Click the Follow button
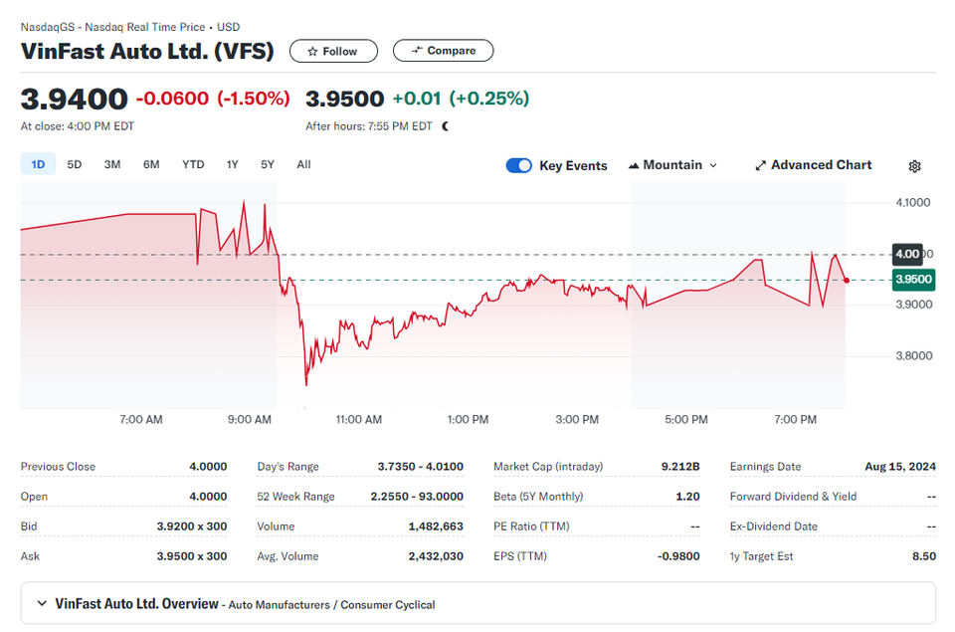click(333, 51)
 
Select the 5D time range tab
click(75, 164)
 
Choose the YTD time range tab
click(193, 164)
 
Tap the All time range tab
click(304, 164)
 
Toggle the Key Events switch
click(519, 166)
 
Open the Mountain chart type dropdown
click(672, 165)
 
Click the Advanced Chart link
click(813, 165)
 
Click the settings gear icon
click(914, 166)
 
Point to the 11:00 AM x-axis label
click(359, 419)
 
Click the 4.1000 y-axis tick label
click(913, 202)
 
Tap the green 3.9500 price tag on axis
click(913, 280)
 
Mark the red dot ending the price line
click(847, 281)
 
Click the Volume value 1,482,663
click(436, 526)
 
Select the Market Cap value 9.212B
click(680, 466)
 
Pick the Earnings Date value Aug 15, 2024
click(900, 466)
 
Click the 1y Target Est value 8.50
click(924, 555)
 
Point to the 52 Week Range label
click(296, 496)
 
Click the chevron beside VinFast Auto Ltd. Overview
click(42, 603)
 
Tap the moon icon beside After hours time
click(446, 126)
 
